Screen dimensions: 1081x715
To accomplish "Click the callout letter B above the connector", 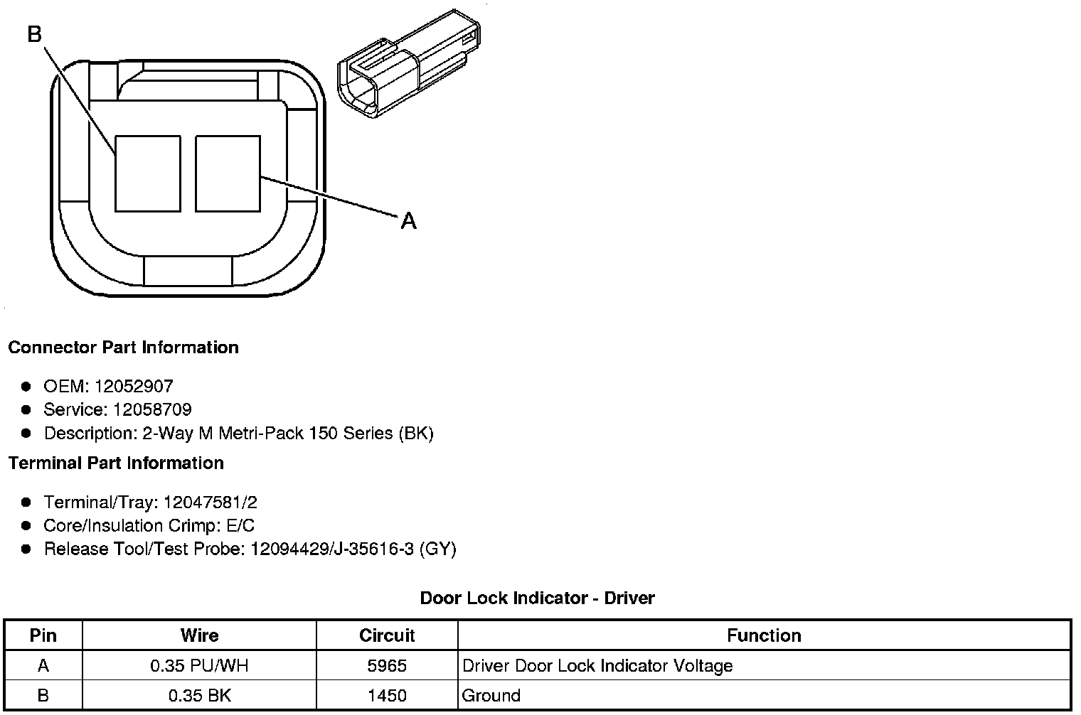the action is [35, 34].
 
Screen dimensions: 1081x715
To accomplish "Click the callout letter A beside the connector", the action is [408, 221].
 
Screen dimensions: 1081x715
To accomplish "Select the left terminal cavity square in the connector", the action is [147, 174].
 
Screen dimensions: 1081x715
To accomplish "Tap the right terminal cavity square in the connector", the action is [228, 174].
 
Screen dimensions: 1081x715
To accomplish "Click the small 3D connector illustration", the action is [407, 64].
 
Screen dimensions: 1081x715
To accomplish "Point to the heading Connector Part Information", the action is [123, 348].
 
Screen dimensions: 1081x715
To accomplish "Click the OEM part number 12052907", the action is [134, 387].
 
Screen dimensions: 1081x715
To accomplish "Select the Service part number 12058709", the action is [152, 410].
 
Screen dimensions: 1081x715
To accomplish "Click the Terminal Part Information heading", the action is [116, 463].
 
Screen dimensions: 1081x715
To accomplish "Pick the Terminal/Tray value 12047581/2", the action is [210, 502].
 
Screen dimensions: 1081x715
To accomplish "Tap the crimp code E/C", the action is [238, 526].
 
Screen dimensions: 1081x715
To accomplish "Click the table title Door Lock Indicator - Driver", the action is [537, 598].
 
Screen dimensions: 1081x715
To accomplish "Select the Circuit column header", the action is [387, 635].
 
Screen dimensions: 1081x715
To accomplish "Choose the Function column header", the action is [764, 635].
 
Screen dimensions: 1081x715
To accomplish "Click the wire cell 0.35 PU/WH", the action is [199, 666].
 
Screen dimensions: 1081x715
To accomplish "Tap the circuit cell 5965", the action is [387, 666].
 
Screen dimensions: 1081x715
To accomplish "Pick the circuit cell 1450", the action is [387, 695].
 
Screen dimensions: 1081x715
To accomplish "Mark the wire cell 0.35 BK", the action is [199, 695].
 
